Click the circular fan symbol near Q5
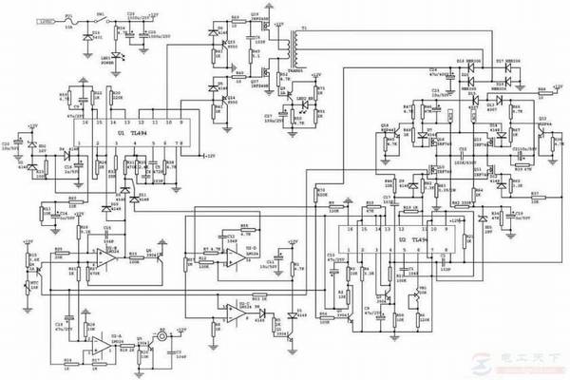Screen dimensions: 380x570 [x=162, y=337]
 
